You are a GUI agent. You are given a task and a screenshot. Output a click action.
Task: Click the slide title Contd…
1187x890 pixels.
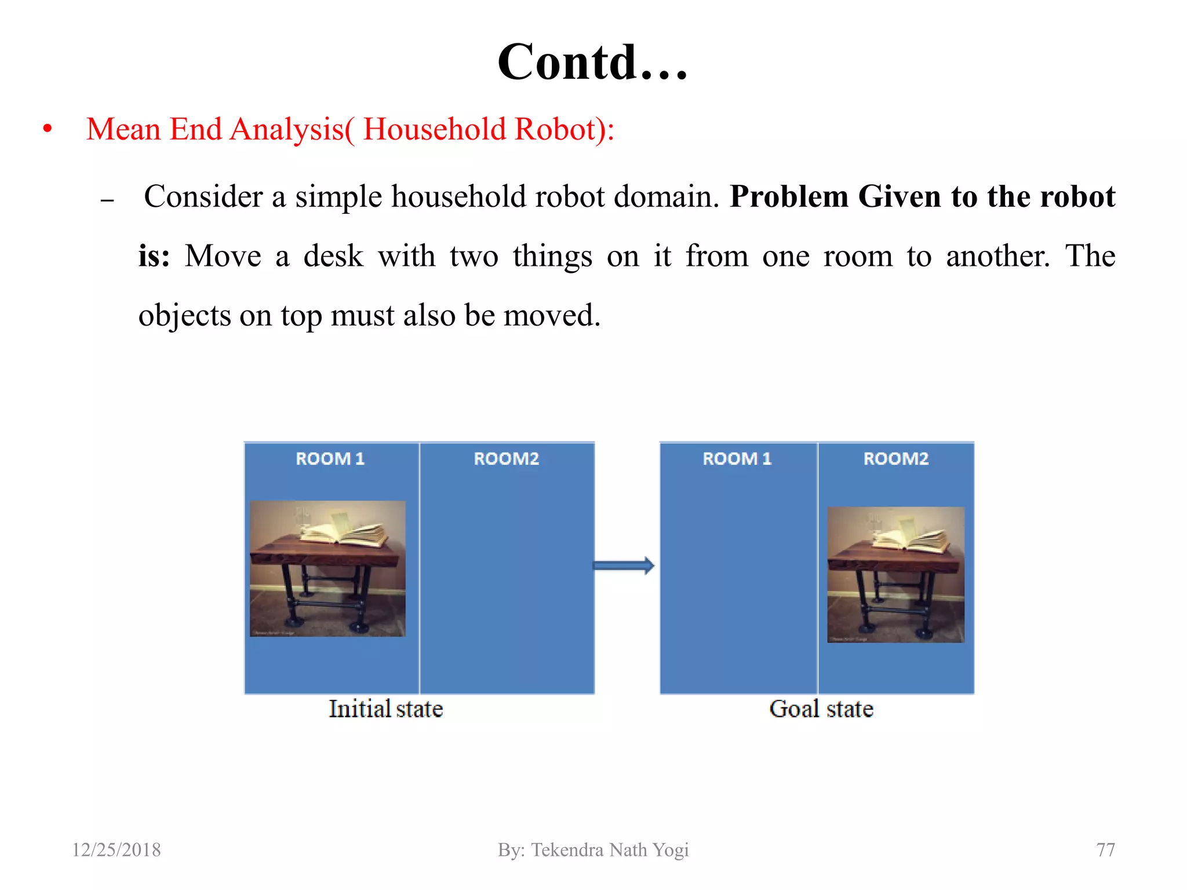592,62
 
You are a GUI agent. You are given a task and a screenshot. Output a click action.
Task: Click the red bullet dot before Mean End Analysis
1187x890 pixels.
48,129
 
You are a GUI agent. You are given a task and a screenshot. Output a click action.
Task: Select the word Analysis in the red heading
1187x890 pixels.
287,129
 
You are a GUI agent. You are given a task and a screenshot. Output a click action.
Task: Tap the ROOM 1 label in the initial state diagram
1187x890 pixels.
330,459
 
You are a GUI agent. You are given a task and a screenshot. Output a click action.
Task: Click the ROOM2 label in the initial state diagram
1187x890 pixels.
506,459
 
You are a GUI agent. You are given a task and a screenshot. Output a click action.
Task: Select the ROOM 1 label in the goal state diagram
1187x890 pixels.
737,459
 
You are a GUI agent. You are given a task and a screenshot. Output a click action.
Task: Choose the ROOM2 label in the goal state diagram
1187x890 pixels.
895,459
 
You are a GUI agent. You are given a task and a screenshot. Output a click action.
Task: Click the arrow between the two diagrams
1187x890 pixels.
624,566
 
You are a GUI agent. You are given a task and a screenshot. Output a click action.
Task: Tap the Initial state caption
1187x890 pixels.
385,709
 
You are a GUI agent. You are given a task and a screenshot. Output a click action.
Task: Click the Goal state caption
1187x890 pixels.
821,709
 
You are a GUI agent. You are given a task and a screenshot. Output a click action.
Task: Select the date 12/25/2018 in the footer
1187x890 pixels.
116,850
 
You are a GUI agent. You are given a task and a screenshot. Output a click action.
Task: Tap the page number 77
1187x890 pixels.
1105,850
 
